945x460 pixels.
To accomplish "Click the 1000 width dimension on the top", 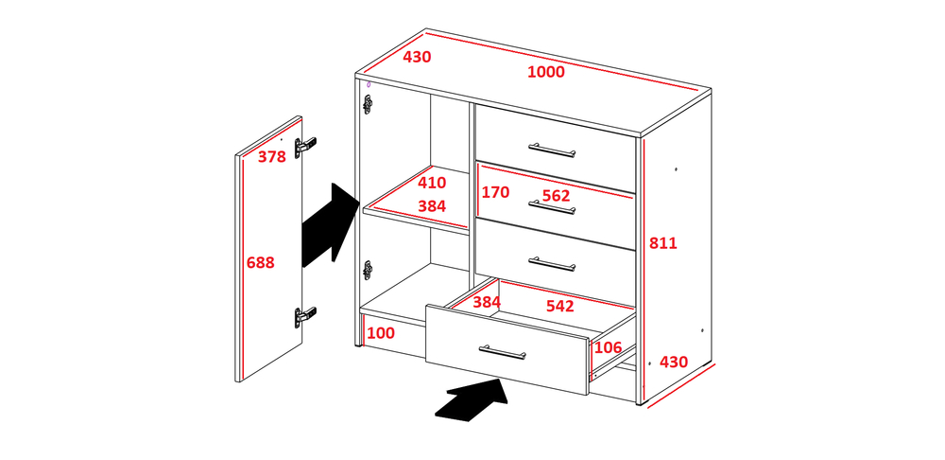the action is point(546,72).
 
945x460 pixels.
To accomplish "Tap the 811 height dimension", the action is point(663,243).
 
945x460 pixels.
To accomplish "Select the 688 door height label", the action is point(261,262).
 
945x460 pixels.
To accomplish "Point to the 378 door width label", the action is point(272,157).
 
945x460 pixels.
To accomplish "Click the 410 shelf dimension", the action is point(432,183).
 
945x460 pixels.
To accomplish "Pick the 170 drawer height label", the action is point(495,192).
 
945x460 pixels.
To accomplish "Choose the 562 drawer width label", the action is point(556,196).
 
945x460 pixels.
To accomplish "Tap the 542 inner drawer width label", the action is point(559,306).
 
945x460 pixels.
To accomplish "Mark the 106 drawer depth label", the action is point(608,347).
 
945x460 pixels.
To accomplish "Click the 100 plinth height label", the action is point(380,333).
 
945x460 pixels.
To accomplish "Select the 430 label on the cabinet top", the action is point(417,58).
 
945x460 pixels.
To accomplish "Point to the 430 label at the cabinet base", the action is point(674,363).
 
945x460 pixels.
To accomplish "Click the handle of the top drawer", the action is point(552,150).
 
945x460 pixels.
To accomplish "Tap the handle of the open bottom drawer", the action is point(503,352).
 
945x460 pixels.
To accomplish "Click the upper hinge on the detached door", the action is point(305,147).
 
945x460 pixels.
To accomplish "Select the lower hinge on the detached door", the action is point(305,316).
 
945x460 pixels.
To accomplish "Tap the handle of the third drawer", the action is point(552,263).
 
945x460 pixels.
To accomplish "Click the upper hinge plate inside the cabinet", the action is point(368,104).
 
